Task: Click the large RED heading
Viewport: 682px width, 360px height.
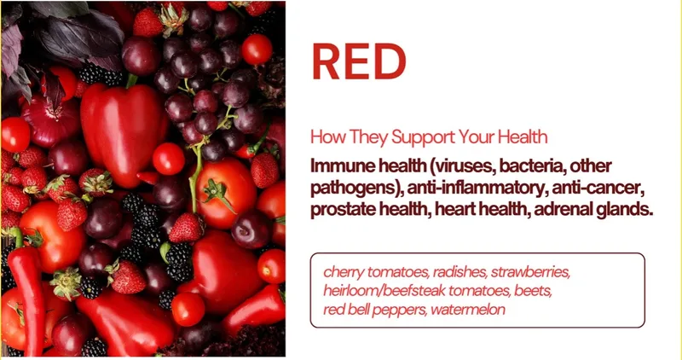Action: click(359, 61)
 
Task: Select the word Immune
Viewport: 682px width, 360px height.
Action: click(342, 165)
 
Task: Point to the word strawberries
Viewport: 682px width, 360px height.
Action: click(530, 272)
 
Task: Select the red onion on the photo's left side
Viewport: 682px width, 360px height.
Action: click(50, 121)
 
